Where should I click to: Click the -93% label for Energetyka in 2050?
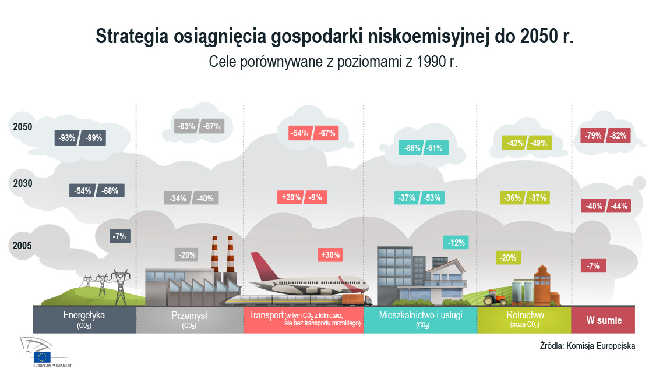(x=66, y=138)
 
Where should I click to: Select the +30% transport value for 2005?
(x=330, y=255)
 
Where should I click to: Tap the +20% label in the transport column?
(x=291, y=197)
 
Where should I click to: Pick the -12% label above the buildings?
(x=456, y=242)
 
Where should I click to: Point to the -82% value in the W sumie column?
(x=618, y=136)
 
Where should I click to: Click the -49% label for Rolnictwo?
(x=538, y=143)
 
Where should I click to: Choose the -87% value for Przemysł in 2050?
(x=211, y=126)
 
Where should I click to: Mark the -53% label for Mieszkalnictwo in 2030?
(x=432, y=197)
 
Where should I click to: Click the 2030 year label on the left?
(x=23, y=183)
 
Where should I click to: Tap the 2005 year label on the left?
(x=22, y=246)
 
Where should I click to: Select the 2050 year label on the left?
(x=23, y=127)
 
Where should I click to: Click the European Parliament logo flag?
(x=42, y=357)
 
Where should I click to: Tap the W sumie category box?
(x=604, y=320)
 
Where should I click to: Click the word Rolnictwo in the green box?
(x=525, y=315)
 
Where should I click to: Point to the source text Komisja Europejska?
(x=601, y=346)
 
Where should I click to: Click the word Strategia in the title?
(x=132, y=36)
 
